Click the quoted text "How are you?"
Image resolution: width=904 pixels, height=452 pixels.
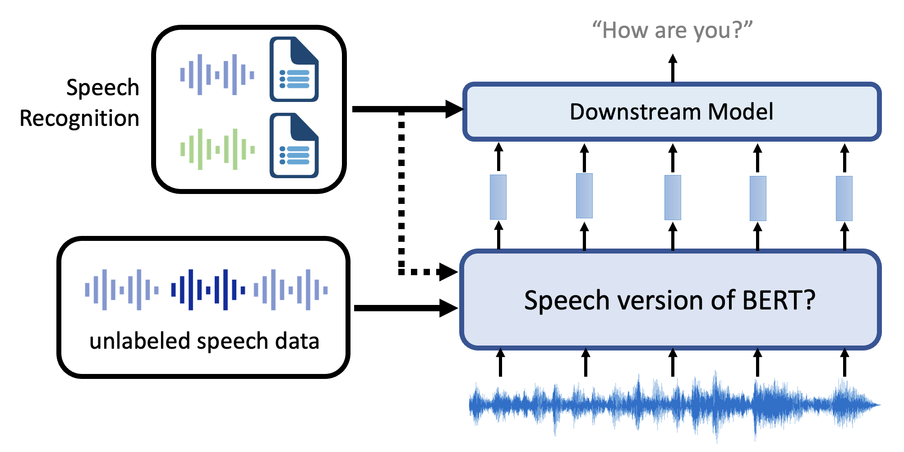tap(672, 31)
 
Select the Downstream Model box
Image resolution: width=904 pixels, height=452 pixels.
tap(672, 112)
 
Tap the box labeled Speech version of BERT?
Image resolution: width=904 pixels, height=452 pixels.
tap(670, 300)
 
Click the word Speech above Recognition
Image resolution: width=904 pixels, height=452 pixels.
tap(102, 88)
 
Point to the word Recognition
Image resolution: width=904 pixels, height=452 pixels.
tap(79, 119)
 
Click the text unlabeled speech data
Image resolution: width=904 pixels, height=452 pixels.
tap(204, 341)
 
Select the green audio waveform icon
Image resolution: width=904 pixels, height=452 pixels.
tap(217, 149)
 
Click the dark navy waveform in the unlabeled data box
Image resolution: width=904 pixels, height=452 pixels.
tap(208, 290)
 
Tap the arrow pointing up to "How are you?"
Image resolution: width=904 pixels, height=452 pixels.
tap(673, 68)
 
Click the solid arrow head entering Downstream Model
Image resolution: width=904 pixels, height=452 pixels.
tap(453, 109)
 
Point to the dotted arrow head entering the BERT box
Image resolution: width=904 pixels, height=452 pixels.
tap(448, 272)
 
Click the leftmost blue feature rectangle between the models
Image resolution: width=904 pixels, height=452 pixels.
tap(498, 197)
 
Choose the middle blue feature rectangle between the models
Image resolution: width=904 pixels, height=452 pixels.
tap(673, 198)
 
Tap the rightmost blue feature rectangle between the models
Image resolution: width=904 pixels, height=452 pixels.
tap(844, 198)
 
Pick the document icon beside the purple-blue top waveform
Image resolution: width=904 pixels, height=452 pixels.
tap(294, 69)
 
